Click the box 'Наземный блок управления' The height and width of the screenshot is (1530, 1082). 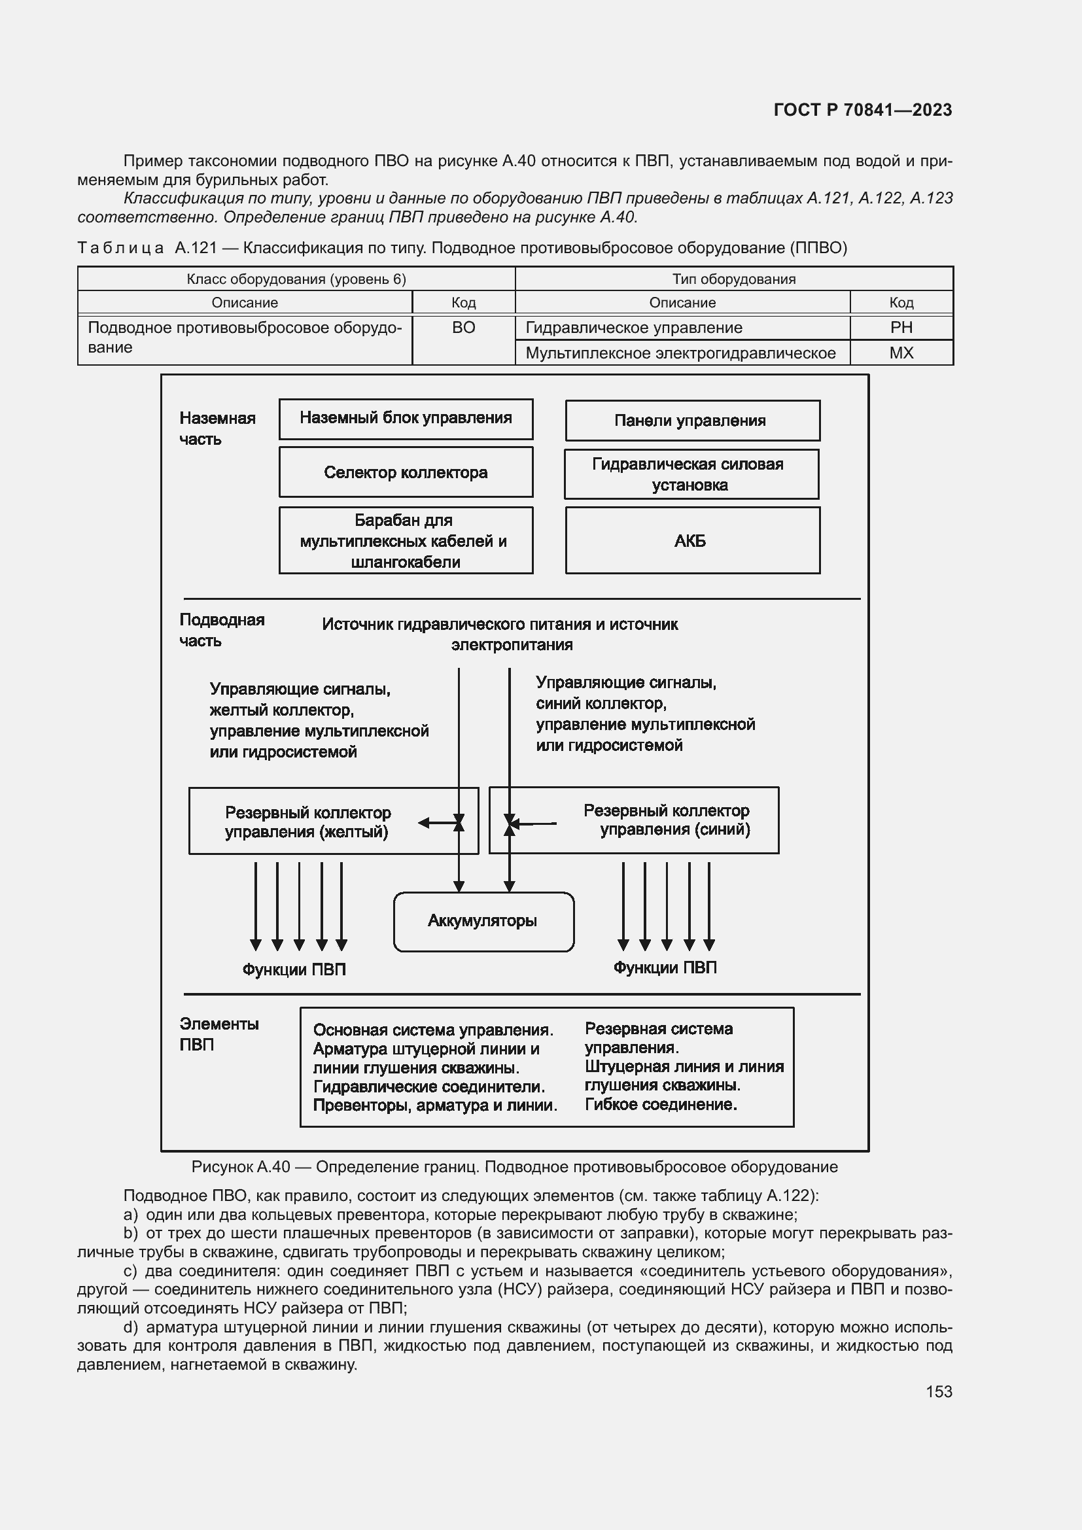[405, 419]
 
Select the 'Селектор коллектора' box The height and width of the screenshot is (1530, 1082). [405, 472]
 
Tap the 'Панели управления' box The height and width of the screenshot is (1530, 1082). [691, 421]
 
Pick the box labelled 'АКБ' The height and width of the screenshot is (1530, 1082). [691, 540]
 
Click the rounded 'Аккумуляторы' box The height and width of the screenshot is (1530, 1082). [483, 922]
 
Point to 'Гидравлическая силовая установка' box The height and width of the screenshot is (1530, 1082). [690, 474]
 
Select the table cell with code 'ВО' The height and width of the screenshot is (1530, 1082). [463, 328]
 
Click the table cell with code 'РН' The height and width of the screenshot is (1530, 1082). [901, 328]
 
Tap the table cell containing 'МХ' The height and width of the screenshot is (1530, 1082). [901, 353]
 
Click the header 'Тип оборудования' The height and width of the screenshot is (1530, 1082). [733, 279]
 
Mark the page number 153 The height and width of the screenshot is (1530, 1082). [938, 1391]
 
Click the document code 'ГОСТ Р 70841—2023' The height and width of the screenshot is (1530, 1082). [862, 111]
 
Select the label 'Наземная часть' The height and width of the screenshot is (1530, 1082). [217, 428]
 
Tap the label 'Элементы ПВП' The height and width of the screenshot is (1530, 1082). [218, 1034]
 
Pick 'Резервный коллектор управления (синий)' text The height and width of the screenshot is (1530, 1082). [666, 820]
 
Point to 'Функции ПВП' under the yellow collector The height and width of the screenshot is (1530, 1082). [294, 969]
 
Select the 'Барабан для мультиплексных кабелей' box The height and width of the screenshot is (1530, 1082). [405, 540]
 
